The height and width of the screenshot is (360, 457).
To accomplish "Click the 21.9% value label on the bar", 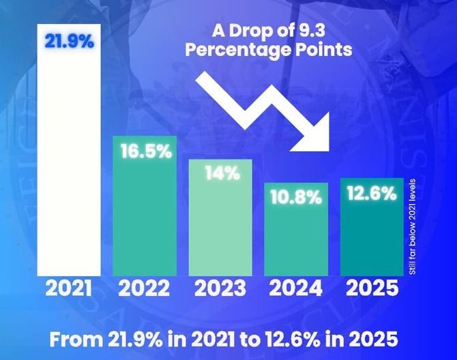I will (70, 40).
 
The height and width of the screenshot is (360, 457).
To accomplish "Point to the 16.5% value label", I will (145, 151).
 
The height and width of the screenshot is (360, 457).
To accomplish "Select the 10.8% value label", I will (295, 198).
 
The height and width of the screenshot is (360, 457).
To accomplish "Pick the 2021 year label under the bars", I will (68, 289).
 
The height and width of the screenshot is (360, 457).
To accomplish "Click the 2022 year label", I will (145, 289).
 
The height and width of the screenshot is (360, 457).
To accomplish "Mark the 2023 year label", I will (220, 289).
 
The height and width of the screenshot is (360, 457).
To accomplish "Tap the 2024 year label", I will (295, 289).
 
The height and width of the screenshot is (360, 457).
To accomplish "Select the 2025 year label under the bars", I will (371, 289).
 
